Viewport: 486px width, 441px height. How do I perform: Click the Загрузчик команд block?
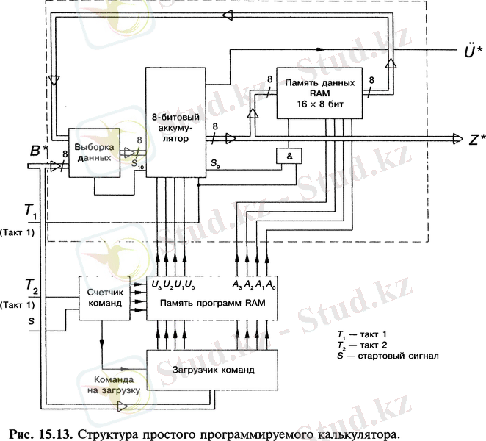point(213,369)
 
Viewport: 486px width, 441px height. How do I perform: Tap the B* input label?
point(40,154)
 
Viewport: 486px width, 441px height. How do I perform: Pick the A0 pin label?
point(272,284)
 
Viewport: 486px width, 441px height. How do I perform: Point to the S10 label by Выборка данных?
point(138,165)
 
